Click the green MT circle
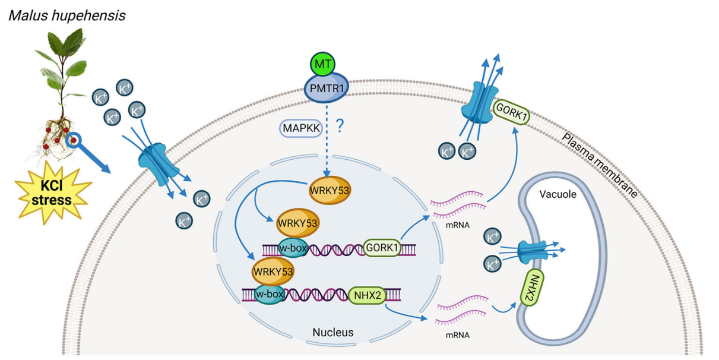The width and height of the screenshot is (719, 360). [323, 64]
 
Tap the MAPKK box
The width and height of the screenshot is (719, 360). [300, 128]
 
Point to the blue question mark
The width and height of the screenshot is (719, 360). [340, 126]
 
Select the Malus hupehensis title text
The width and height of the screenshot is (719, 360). [66, 15]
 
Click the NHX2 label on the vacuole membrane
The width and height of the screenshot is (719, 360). [533, 286]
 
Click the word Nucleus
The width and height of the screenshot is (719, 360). [332, 333]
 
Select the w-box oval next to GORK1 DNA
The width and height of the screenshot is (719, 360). [293, 248]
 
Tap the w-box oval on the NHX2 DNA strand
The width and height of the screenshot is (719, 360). [270, 293]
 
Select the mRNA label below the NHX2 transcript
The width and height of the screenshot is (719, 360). [457, 335]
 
